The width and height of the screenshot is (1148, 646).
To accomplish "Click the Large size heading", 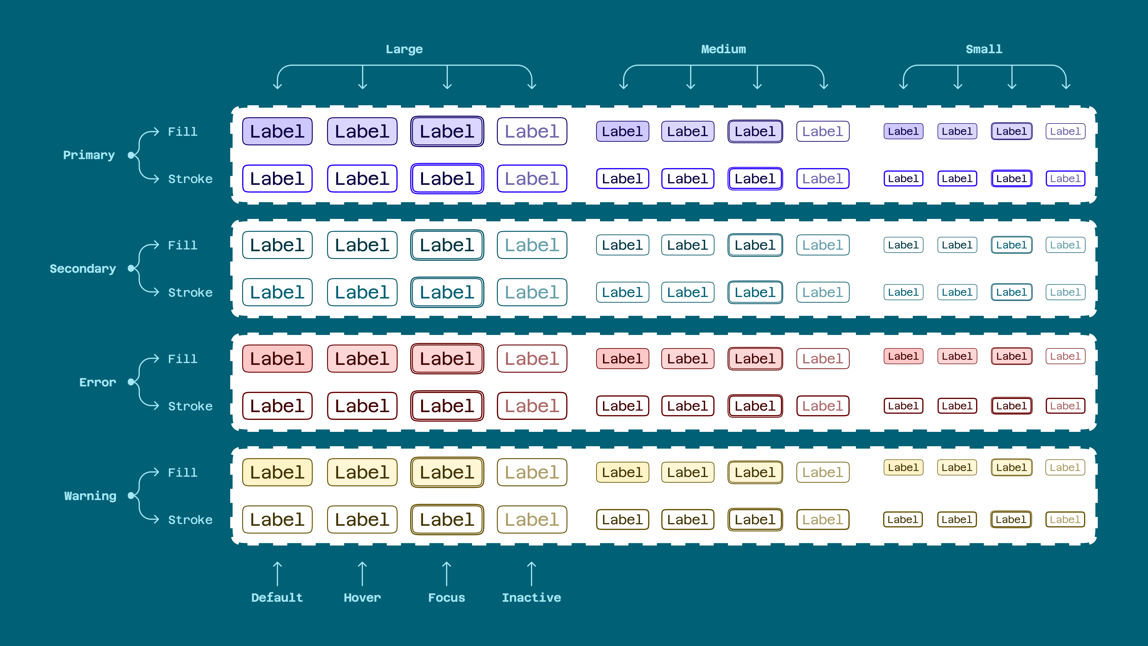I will tap(404, 49).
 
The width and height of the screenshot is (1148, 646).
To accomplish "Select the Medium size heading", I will tap(723, 49).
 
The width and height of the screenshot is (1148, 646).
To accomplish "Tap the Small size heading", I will tap(984, 49).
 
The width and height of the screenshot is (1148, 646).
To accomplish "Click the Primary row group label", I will tap(89, 155).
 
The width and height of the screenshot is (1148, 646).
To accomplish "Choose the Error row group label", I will tap(97, 383).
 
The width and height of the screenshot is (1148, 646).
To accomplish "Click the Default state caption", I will tap(277, 598).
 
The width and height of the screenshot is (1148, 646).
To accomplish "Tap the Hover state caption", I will tap(362, 598).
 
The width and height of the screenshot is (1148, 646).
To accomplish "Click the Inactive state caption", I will tap(531, 598).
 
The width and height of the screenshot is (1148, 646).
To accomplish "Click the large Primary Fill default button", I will tap(277, 132).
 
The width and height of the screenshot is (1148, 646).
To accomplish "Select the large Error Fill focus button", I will tap(447, 359).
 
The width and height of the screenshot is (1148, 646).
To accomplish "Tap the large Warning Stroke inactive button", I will tap(532, 519).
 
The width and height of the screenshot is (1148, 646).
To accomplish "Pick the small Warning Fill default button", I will tap(903, 468).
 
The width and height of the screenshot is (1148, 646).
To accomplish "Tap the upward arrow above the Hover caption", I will tap(362, 574).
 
